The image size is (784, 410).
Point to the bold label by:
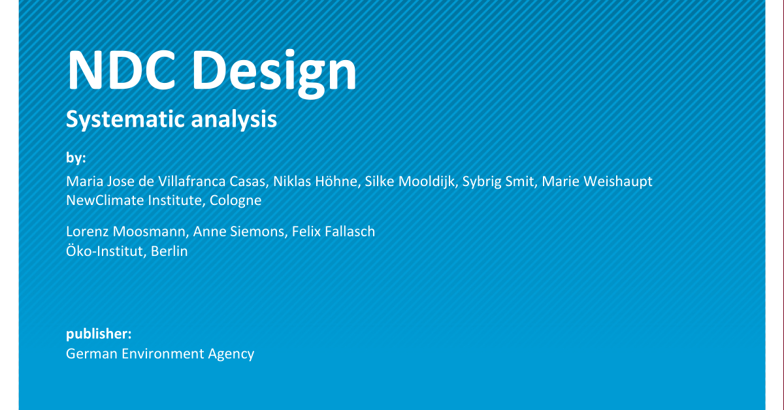click(x=76, y=158)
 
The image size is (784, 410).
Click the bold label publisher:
click(x=99, y=334)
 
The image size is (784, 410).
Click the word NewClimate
click(x=104, y=200)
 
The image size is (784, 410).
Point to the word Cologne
click(x=236, y=200)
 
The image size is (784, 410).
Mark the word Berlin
click(x=169, y=251)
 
